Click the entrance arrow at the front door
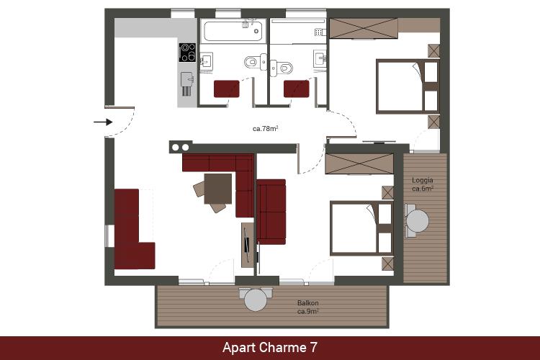click(103, 122)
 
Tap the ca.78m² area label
click(265, 128)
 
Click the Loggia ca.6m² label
click(422, 184)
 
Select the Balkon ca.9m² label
click(308, 307)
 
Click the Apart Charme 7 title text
click(270, 347)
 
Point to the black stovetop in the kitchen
click(187, 53)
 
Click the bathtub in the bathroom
click(233, 31)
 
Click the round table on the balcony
click(256, 300)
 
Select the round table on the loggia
click(418, 221)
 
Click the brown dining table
click(217, 189)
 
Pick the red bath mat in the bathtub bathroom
click(227, 89)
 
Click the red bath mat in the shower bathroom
click(297, 89)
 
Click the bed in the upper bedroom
click(408, 86)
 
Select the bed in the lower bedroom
click(361, 228)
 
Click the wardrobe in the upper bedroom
click(364, 28)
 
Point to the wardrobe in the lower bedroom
click(359, 164)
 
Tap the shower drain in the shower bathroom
click(318, 32)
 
